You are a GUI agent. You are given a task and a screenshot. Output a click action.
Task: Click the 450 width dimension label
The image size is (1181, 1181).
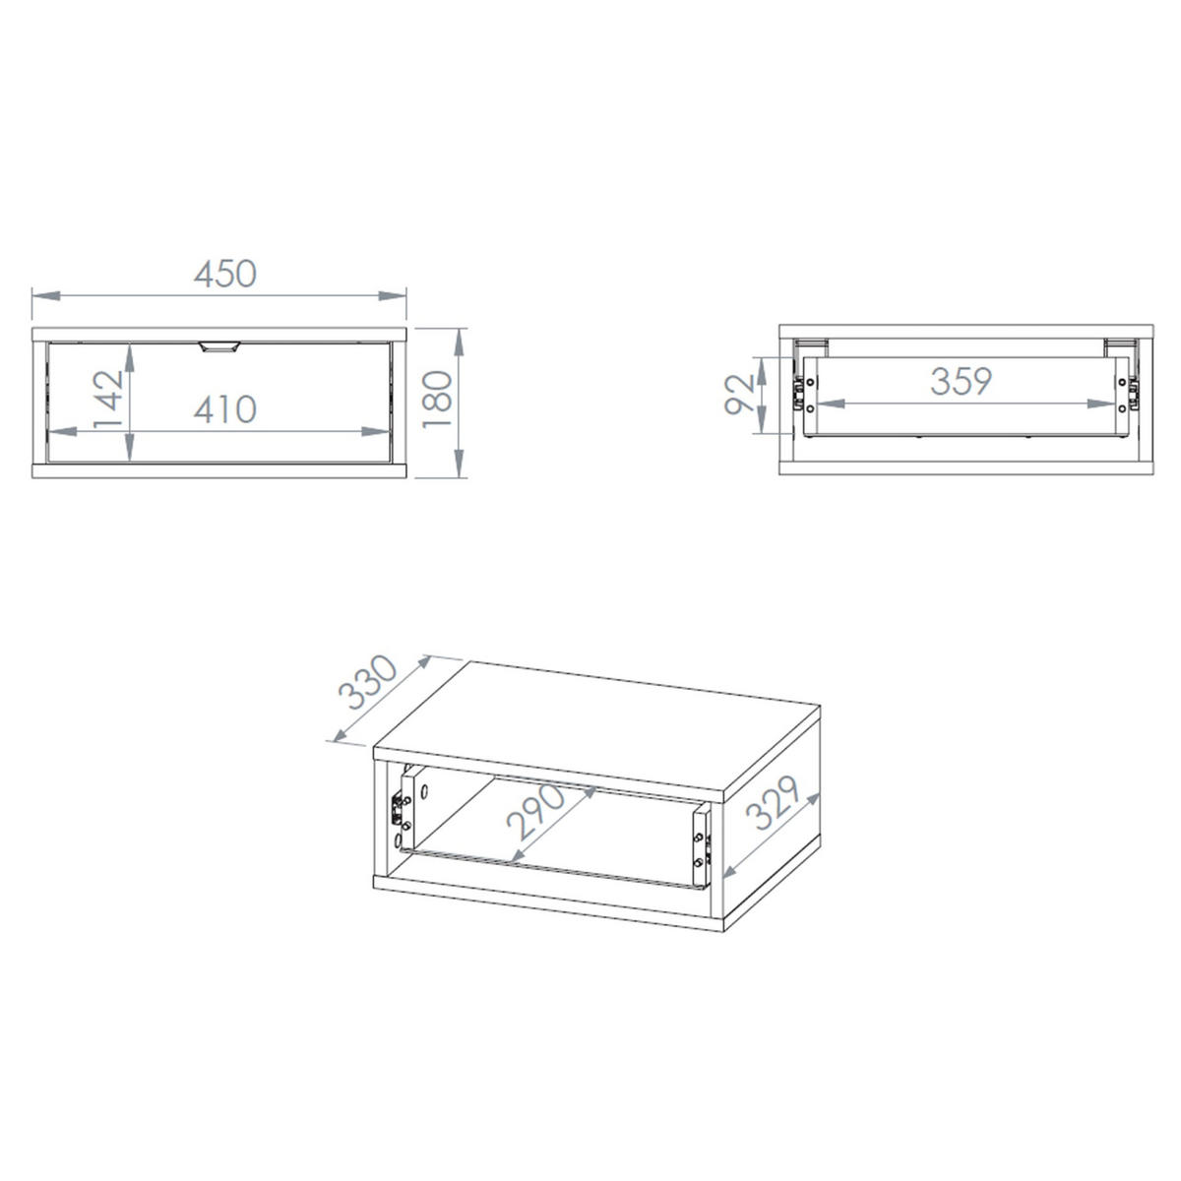(x=225, y=274)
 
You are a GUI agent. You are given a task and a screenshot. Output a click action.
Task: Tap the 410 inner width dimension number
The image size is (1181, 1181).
(x=225, y=409)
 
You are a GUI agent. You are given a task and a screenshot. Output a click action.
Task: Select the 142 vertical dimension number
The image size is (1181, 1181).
(x=108, y=399)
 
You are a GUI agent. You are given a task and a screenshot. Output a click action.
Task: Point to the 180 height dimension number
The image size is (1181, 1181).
(x=438, y=399)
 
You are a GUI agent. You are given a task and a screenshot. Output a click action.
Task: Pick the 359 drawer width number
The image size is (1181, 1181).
(x=961, y=381)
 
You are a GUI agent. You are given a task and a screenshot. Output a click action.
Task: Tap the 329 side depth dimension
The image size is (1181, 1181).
(x=774, y=802)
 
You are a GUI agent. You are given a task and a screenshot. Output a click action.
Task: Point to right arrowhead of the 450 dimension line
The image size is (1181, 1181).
(x=393, y=295)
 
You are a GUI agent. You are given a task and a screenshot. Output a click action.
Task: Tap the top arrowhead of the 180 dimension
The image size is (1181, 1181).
(x=460, y=342)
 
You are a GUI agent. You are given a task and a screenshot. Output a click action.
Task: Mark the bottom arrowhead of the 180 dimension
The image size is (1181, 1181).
(x=460, y=464)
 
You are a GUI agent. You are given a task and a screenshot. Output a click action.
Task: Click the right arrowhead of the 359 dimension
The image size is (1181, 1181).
(x=1100, y=404)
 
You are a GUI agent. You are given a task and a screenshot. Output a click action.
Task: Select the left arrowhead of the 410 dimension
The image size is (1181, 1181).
(x=62, y=431)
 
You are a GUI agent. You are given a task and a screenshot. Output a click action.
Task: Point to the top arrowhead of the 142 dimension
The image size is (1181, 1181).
(x=129, y=357)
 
